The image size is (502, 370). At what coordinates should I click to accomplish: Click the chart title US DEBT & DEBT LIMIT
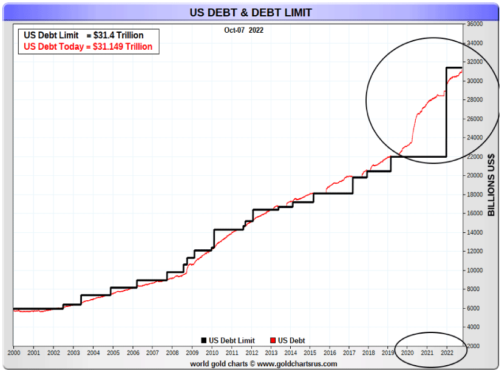(x=251, y=12)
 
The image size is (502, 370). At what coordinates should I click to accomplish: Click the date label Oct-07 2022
(x=244, y=29)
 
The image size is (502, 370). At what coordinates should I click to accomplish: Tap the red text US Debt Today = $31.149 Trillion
(x=87, y=47)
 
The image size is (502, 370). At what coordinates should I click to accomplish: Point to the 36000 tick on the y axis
(x=475, y=24)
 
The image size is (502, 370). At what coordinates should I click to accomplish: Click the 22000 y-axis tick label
(x=475, y=156)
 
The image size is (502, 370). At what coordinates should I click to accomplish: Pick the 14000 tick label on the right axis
(x=475, y=232)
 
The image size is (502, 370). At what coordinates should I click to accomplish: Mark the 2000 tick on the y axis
(x=475, y=346)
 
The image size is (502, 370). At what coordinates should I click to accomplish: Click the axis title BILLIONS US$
(x=492, y=184)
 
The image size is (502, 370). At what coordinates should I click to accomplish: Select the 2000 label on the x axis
(x=14, y=352)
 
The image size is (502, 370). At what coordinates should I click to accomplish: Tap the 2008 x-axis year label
(x=172, y=352)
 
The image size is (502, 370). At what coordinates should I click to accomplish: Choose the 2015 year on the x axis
(x=310, y=352)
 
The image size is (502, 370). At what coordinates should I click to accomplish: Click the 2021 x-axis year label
(x=427, y=352)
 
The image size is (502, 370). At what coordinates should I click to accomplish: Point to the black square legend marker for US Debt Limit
(x=204, y=341)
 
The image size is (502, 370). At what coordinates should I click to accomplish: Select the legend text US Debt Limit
(x=232, y=341)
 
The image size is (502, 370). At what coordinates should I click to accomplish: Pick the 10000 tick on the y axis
(x=475, y=270)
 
